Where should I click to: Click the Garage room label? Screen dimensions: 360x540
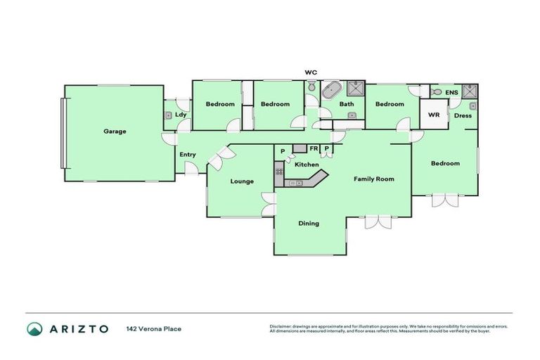click(115, 131)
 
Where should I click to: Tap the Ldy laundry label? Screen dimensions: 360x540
click(181, 115)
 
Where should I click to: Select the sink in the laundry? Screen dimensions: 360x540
click(169, 115)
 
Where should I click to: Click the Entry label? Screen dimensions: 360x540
click(187, 155)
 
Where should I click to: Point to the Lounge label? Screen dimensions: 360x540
click(242, 181)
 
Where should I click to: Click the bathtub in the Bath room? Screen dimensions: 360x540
click(331, 91)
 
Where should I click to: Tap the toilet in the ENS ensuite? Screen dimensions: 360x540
click(437, 92)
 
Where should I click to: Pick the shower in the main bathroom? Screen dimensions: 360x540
click(356, 89)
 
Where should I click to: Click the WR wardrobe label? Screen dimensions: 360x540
click(434, 115)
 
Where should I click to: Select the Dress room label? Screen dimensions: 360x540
click(463, 115)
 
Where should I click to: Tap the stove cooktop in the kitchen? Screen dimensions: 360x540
click(279, 169)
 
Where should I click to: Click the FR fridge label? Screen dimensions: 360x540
click(314, 148)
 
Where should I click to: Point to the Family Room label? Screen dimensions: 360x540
click(373, 179)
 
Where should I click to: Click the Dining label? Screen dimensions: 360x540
click(309, 224)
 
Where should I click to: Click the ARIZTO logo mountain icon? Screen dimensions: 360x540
click(34, 328)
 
